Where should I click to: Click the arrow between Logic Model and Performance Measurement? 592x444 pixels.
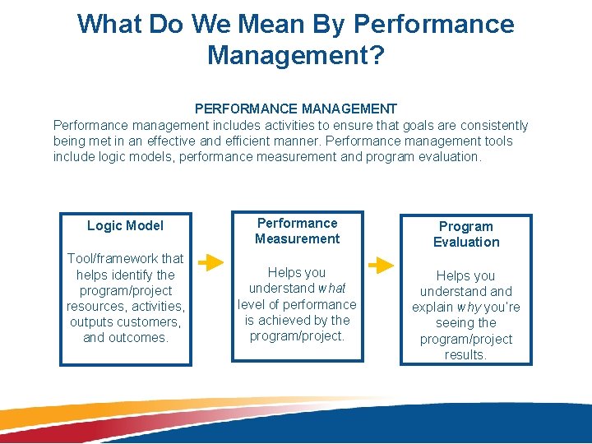[x=210, y=262]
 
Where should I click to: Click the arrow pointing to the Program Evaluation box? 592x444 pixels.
[x=382, y=266]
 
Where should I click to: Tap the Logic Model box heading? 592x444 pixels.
[x=125, y=225]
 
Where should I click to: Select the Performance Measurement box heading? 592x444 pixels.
[x=297, y=231]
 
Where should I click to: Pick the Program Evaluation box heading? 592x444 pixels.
[x=466, y=234]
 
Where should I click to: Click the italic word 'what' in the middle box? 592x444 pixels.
[x=331, y=289]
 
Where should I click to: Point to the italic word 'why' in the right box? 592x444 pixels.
[x=469, y=308]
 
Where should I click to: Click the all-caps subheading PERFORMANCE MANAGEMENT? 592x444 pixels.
[x=296, y=109]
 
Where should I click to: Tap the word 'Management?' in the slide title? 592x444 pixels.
[x=296, y=55]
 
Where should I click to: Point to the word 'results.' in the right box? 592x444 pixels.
[x=466, y=355]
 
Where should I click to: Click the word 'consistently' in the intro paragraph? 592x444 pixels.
[x=490, y=126]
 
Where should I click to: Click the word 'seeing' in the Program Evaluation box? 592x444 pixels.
[x=455, y=323]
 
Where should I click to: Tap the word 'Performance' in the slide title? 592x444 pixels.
[x=434, y=24]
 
